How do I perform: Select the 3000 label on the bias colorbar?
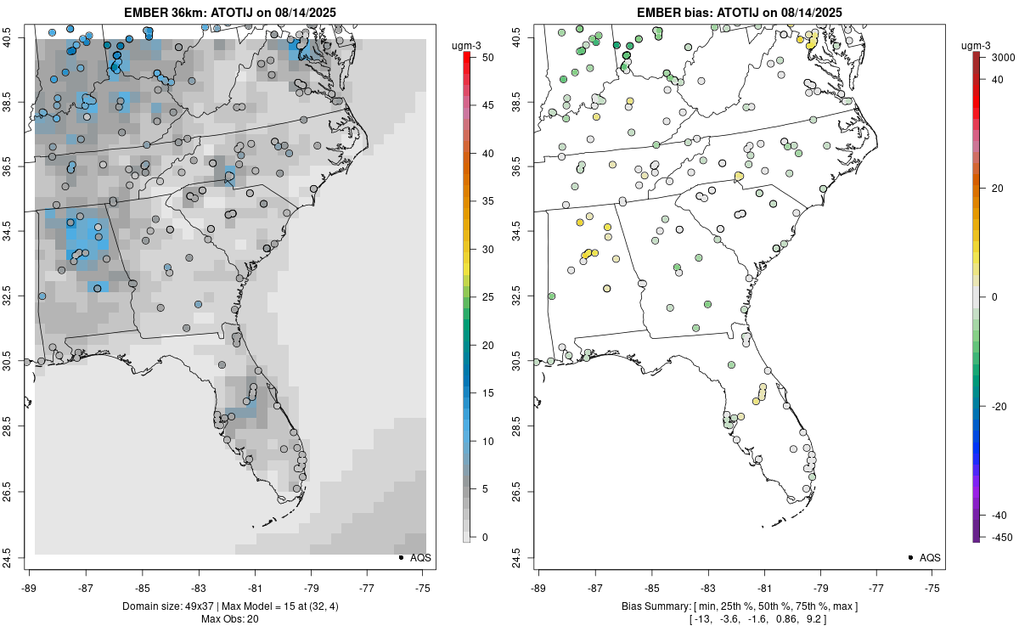click(994, 56)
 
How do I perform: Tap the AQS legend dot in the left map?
click(400, 557)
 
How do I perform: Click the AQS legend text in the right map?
click(931, 557)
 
